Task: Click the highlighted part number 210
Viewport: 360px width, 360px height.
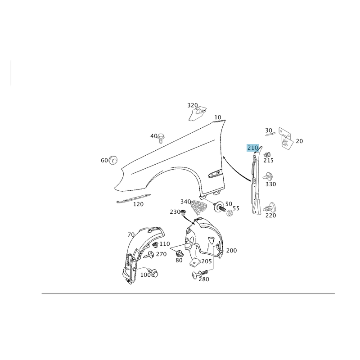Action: [252, 148]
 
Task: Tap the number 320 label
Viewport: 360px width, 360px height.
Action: [193, 105]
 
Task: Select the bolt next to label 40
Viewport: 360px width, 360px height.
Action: [162, 138]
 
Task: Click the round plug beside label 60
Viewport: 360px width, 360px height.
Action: [113, 160]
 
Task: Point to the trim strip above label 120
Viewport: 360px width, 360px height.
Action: [134, 198]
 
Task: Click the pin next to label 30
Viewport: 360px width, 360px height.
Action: [270, 134]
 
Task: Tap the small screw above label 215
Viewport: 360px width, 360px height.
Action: [267, 154]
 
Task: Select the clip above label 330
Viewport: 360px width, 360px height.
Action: [268, 176]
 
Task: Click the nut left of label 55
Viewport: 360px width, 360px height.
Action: [229, 213]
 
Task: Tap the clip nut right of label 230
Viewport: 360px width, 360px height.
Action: [183, 212]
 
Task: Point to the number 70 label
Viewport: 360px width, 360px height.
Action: [131, 234]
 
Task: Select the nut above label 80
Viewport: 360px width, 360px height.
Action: [179, 254]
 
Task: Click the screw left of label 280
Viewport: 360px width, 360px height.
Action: [199, 274]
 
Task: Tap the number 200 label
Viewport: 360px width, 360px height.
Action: [231, 251]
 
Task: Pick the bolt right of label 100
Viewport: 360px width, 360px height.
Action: [154, 274]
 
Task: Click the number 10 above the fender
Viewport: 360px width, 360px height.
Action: [218, 117]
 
